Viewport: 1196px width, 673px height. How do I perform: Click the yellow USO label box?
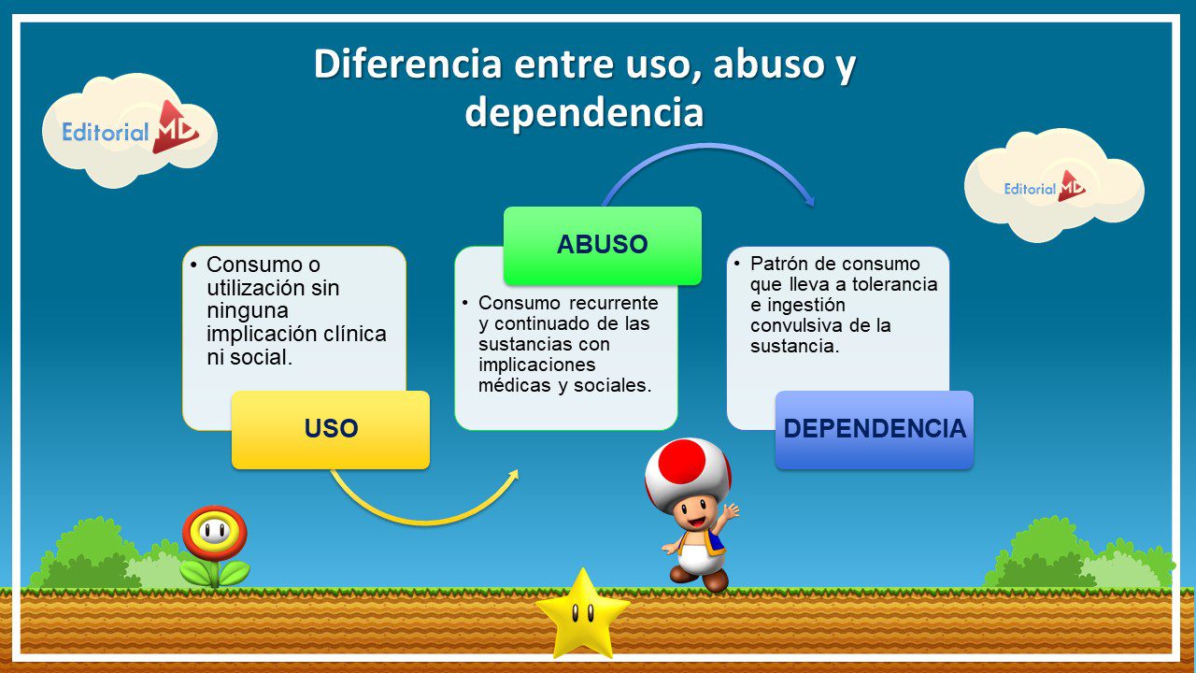click(x=331, y=430)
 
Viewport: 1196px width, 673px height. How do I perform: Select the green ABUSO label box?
click(x=603, y=246)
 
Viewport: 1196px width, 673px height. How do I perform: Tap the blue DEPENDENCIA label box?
click(x=875, y=430)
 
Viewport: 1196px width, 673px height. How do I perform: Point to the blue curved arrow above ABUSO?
click(x=707, y=145)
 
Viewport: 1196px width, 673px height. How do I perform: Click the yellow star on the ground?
click(x=582, y=614)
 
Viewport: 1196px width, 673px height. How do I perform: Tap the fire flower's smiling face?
click(x=215, y=531)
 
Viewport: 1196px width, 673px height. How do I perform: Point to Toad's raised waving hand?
click(x=730, y=511)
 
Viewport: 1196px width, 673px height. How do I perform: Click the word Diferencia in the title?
click(x=407, y=64)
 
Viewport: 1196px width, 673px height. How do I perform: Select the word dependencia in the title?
click(x=584, y=112)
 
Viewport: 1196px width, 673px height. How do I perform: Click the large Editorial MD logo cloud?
click(x=130, y=131)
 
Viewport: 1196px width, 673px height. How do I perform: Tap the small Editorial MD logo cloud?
click(x=1054, y=185)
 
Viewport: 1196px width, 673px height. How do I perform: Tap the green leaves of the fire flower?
click(x=215, y=573)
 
